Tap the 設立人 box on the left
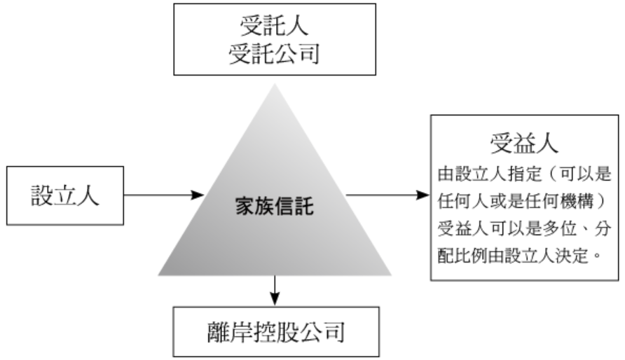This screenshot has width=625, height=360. point(65,195)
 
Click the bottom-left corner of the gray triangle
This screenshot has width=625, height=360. point(159,275)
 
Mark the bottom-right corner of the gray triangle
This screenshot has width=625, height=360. point(391,275)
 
